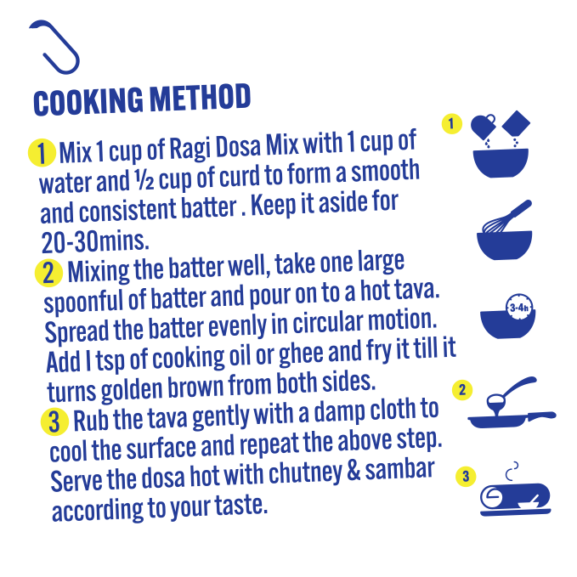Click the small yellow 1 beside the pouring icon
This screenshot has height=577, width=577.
[x=452, y=124]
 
